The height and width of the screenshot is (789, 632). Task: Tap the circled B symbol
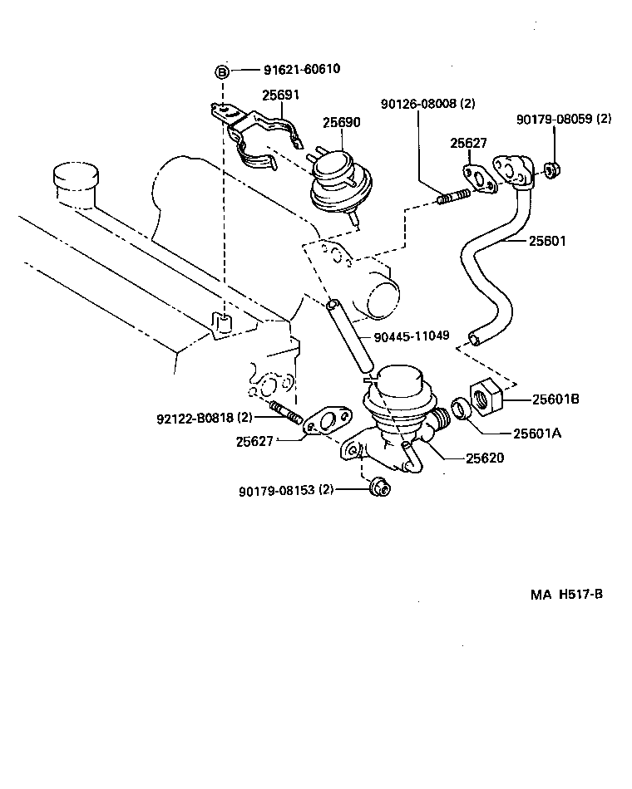[222, 72]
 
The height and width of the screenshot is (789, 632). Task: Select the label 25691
[281, 96]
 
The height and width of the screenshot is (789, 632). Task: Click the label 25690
[341, 122]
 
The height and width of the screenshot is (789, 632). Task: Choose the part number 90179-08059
[563, 119]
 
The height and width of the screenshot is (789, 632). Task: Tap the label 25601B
[551, 399]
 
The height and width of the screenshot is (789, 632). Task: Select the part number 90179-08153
[285, 489]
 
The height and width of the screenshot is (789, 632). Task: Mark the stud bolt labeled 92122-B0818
[285, 412]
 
